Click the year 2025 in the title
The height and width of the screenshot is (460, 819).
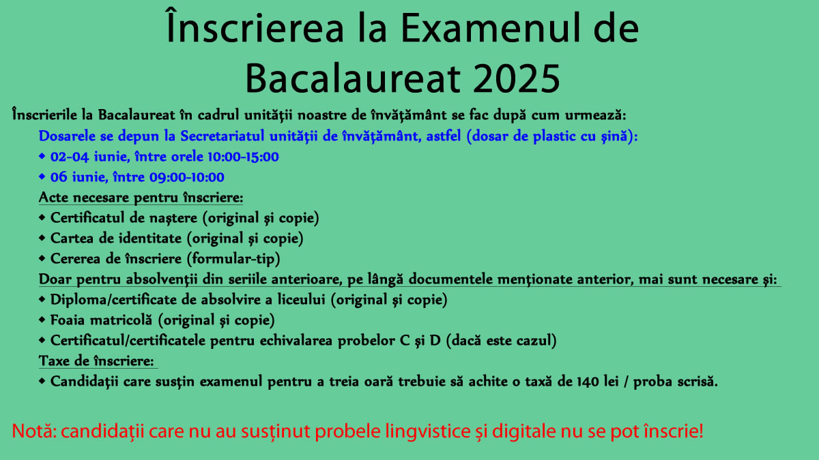click(x=516, y=78)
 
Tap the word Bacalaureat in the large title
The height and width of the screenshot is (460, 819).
click(x=352, y=78)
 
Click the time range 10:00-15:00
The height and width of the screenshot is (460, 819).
click(x=243, y=157)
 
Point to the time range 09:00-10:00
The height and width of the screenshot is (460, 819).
click(x=187, y=177)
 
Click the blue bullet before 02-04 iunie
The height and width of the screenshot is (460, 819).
click(x=42, y=156)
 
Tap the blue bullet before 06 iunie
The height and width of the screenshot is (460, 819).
click(x=42, y=177)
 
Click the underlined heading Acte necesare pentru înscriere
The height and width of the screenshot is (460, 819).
click(x=141, y=198)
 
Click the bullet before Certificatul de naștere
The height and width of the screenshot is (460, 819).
click(x=42, y=217)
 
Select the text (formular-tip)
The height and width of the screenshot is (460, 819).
click(x=233, y=259)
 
